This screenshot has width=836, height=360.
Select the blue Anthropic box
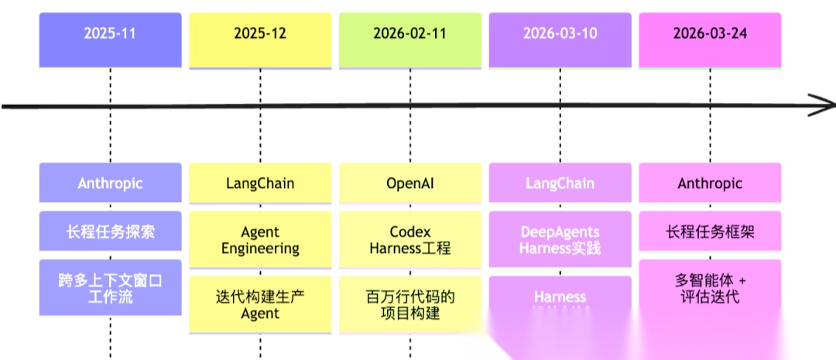click(x=110, y=183)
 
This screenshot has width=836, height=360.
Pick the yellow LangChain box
click(x=260, y=183)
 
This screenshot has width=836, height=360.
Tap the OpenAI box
click(x=410, y=183)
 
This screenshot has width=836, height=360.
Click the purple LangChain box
click(x=560, y=183)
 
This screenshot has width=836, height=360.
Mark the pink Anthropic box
click(x=709, y=183)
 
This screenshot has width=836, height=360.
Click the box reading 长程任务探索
click(x=110, y=231)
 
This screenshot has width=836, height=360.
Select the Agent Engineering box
click(x=260, y=240)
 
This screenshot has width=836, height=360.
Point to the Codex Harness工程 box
click(x=410, y=240)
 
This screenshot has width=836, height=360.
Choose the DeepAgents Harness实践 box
click(x=560, y=240)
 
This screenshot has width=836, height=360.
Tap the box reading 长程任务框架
click(x=709, y=231)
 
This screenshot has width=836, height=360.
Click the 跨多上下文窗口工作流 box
click(x=110, y=287)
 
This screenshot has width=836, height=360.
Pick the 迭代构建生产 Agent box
click(x=260, y=304)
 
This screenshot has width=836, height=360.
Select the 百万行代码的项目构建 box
click(x=410, y=304)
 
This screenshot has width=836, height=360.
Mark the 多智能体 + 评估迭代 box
click(x=709, y=287)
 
